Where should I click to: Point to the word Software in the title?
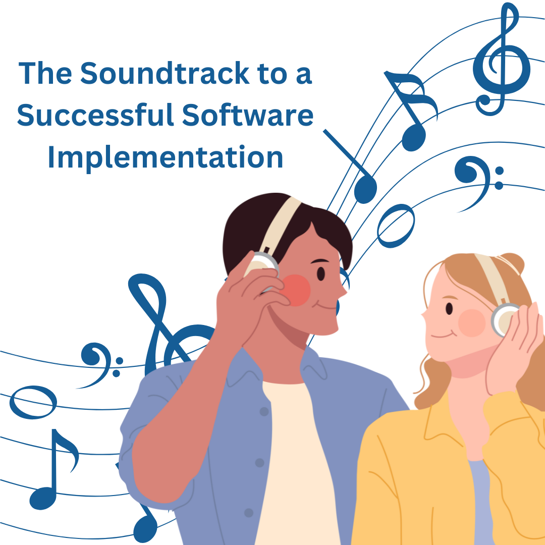[x=247, y=115]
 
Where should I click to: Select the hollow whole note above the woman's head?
[x=396, y=225]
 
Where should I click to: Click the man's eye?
[x=321, y=273]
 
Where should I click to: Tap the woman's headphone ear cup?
[x=505, y=320]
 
